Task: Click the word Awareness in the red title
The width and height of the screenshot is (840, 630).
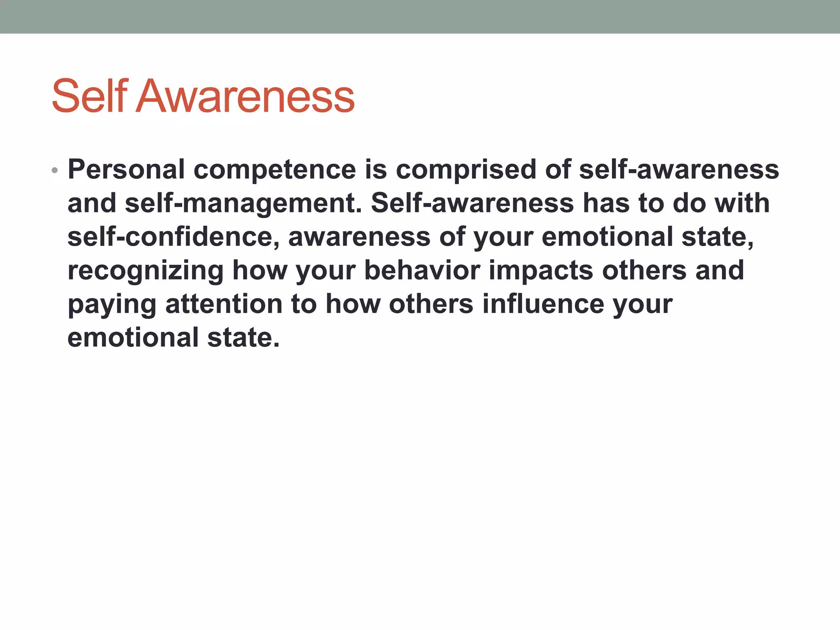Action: click(245, 96)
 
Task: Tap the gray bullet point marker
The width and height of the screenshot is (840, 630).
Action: click(55, 170)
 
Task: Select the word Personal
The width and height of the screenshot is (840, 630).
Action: click(126, 169)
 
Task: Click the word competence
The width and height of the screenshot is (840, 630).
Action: click(275, 169)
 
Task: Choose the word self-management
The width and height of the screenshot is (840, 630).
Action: click(244, 203)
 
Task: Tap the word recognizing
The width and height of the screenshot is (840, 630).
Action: click(145, 271)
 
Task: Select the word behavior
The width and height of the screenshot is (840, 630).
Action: click(422, 271)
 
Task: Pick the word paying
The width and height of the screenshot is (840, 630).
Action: click(112, 304)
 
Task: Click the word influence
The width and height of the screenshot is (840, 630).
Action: click(543, 304)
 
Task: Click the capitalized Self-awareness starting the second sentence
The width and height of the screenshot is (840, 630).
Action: click(472, 203)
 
